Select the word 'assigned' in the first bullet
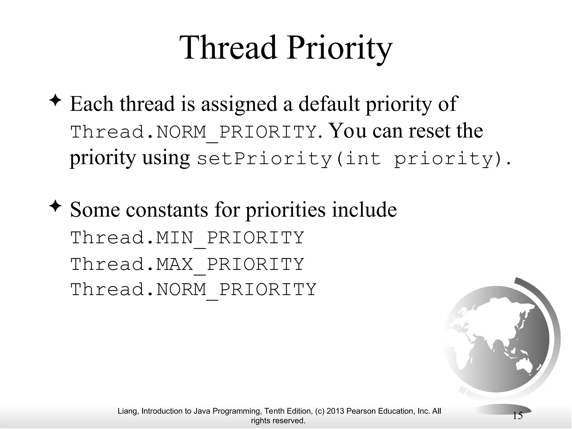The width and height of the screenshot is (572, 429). [x=239, y=104]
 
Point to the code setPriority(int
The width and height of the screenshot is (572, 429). [x=289, y=159]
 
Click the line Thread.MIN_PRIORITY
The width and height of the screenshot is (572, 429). [x=187, y=238]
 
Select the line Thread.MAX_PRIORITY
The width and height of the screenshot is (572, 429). [x=187, y=264]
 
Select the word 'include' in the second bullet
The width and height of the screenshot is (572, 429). [x=364, y=210]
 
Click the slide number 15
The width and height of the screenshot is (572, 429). [x=518, y=416]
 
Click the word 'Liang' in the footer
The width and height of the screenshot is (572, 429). [x=127, y=411]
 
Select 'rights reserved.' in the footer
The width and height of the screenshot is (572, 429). [x=278, y=421]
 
